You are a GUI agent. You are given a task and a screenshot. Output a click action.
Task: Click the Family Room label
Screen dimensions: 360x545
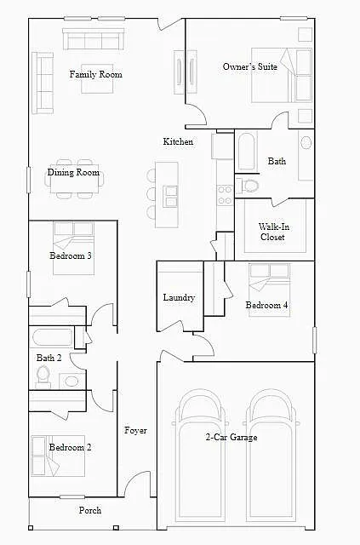click(95, 74)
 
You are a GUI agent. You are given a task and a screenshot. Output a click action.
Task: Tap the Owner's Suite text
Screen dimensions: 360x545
click(250, 66)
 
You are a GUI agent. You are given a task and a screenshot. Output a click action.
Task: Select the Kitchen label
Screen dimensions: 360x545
click(178, 141)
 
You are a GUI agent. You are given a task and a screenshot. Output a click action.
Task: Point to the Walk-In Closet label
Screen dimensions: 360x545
click(273, 232)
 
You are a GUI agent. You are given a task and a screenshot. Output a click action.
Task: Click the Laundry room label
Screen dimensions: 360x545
click(179, 297)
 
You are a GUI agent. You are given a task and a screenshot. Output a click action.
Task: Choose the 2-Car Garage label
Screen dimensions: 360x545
click(231, 437)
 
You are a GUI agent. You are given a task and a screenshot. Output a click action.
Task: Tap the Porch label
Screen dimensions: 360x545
click(90, 510)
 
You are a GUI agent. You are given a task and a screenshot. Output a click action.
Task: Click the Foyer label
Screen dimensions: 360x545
click(135, 431)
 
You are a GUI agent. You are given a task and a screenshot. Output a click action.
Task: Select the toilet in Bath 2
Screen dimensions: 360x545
click(43, 376)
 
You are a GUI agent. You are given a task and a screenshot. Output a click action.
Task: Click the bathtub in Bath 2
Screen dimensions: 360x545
click(52, 337)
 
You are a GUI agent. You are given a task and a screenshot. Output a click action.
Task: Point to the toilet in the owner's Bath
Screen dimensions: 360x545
click(248, 186)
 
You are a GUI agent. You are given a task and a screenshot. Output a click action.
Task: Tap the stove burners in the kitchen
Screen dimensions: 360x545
click(225, 195)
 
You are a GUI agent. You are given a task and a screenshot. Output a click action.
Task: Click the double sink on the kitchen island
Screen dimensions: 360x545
click(171, 197)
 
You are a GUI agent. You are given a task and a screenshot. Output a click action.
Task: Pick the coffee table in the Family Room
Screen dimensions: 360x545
click(97, 78)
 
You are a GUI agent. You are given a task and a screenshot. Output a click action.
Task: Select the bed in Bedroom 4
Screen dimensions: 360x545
click(269, 290)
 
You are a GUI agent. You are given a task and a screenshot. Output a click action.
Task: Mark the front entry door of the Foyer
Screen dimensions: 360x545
click(137, 484)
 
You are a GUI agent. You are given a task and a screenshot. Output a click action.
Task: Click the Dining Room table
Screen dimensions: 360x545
click(74, 179)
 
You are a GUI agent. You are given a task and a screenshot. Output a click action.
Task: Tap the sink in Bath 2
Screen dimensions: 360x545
click(72, 381)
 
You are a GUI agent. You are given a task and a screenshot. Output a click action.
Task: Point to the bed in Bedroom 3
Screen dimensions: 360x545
click(74, 248)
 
